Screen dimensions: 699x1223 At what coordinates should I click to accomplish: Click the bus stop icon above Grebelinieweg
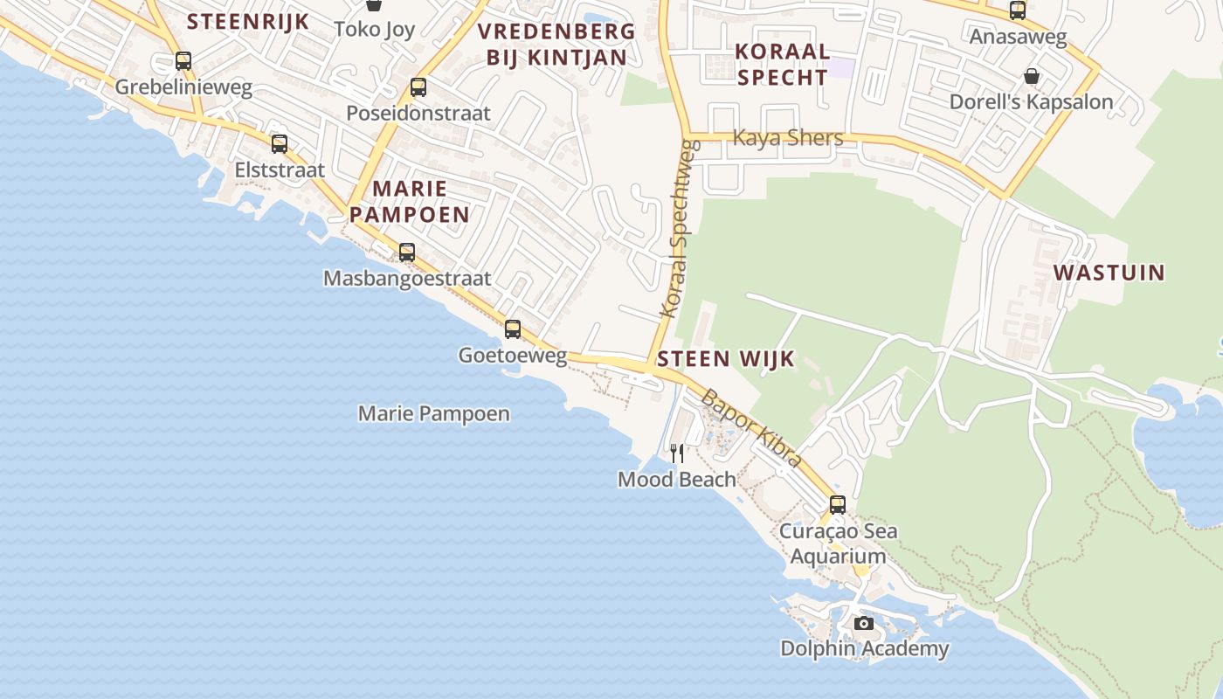point(183,61)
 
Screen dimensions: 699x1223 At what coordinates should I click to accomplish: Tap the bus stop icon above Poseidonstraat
point(418,87)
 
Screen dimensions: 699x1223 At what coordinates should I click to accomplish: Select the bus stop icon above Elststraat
point(280,144)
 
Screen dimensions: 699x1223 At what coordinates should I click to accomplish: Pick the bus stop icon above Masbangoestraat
point(407,253)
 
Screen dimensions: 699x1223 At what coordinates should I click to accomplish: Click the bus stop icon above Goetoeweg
point(513,329)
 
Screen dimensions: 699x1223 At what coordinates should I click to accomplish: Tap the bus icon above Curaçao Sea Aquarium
point(838,505)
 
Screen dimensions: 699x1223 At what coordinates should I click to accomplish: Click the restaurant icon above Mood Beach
point(677,453)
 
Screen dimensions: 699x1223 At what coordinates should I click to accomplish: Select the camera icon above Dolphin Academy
point(864,623)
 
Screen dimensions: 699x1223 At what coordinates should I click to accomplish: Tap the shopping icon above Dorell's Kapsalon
point(1032,76)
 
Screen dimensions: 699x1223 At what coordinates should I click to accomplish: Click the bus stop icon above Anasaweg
point(1018,10)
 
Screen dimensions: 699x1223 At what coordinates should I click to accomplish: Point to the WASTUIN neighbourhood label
point(1109,273)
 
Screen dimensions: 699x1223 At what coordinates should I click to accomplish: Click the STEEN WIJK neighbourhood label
point(726,358)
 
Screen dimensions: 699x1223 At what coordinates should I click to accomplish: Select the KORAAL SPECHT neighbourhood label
point(783,64)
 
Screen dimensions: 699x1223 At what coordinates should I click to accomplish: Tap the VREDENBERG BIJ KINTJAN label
point(556,45)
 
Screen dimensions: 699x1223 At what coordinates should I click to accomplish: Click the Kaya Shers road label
point(788,138)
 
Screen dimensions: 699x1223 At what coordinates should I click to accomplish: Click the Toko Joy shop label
point(375,29)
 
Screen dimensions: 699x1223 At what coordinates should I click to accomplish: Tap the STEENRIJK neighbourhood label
point(249,21)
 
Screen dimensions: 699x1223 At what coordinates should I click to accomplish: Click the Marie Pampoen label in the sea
point(434,413)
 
